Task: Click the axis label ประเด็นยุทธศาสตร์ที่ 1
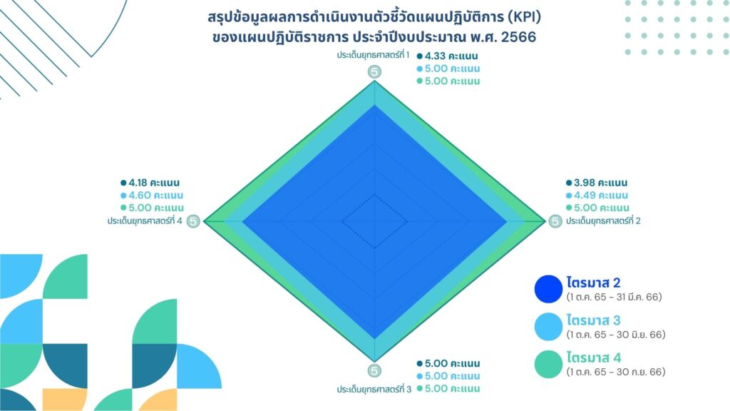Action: click(373, 55)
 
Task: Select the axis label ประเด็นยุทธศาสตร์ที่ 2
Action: click(603, 221)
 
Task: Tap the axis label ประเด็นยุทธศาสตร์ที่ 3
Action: click(374, 389)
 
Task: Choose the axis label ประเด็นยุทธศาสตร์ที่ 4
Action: click(145, 221)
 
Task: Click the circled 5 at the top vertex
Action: click(374, 72)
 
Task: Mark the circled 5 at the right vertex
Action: click(555, 221)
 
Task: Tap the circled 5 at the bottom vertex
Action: click(374, 371)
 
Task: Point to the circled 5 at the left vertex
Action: click(193, 221)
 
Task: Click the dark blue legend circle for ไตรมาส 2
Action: click(548, 289)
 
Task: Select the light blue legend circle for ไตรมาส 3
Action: click(548, 327)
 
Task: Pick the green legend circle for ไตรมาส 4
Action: click(548, 364)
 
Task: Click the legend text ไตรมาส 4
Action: click(594, 357)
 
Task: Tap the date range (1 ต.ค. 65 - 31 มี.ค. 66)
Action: click(614, 297)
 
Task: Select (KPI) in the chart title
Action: click(524, 17)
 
